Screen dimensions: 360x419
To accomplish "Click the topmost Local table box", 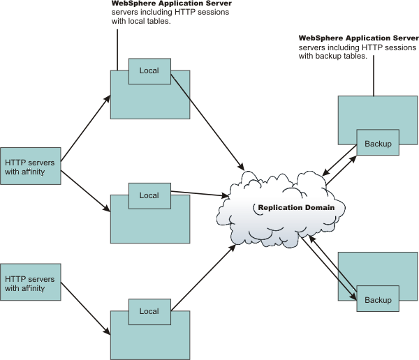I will click(149, 71).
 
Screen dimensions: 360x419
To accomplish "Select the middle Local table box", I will click(149, 196).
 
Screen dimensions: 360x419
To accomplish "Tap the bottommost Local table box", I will click(149, 311).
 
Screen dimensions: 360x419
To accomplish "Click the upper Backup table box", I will click(378, 143).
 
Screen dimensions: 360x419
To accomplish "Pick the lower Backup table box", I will click(378, 299).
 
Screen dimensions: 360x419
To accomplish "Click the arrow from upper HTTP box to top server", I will click(85, 130).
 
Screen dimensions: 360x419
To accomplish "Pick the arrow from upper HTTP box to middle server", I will click(85, 186).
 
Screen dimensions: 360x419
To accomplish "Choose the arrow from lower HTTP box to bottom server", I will click(85, 309).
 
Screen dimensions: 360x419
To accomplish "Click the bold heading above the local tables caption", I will click(172, 3).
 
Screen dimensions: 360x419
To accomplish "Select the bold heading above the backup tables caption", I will click(358, 38).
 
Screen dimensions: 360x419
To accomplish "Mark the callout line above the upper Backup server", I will click(374, 77).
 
